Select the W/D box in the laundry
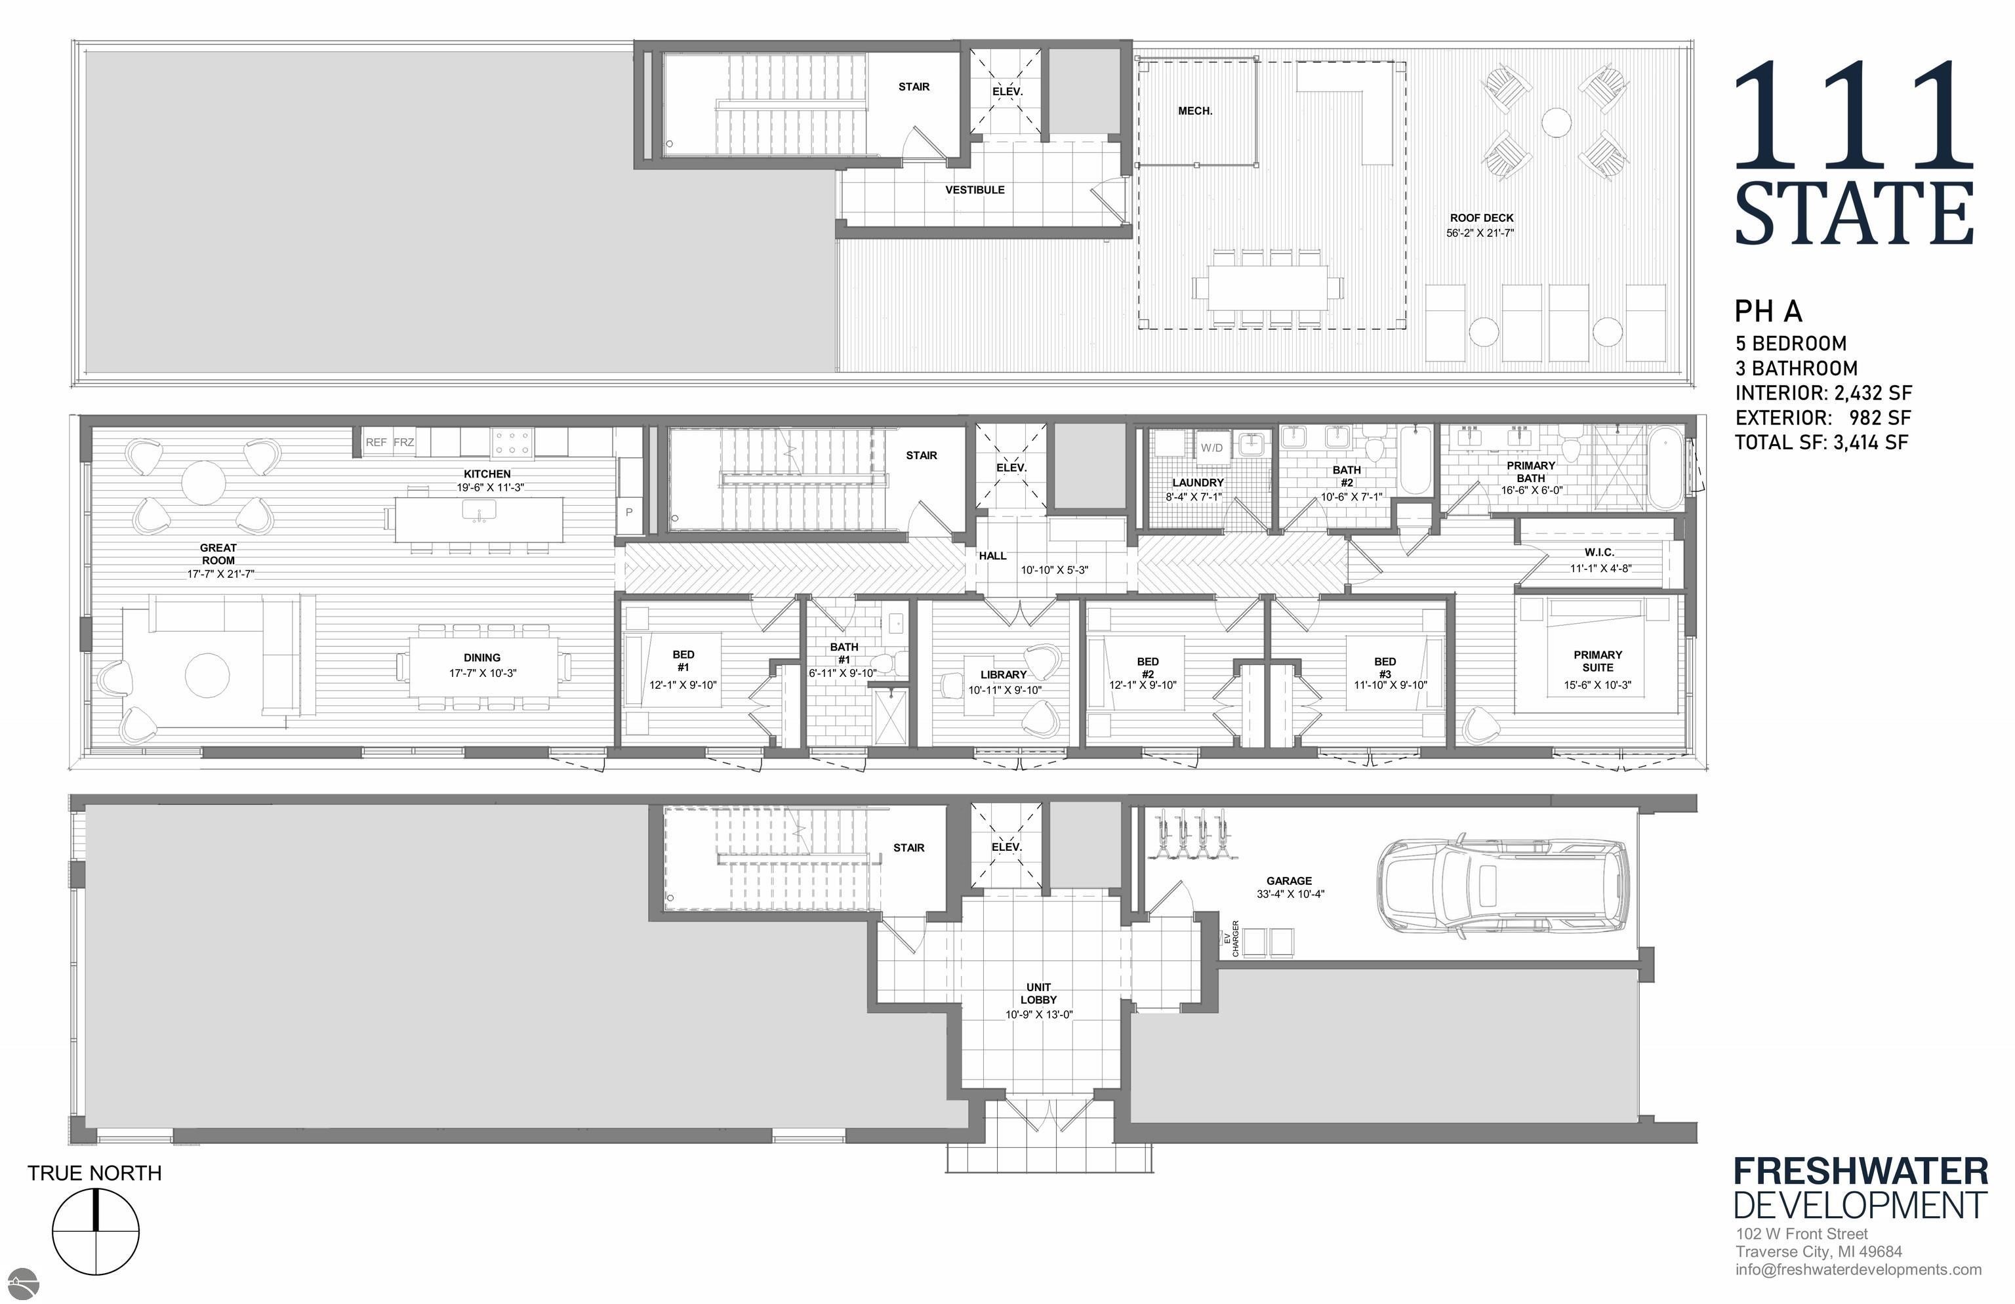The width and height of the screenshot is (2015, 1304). click(1211, 448)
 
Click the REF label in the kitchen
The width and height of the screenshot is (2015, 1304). click(376, 442)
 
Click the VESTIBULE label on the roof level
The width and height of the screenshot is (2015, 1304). click(975, 190)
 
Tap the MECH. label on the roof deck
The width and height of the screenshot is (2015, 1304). click(1194, 111)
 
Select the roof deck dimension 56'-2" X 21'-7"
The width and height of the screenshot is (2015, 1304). click(1480, 233)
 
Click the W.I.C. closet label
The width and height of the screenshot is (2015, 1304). click(1599, 552)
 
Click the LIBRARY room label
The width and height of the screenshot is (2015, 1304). click(1004, 675)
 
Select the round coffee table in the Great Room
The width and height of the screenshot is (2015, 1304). click(207, 675)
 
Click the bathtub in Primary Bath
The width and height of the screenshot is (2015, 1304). click(1665, 468)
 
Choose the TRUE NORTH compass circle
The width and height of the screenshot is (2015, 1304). click(96, 1231)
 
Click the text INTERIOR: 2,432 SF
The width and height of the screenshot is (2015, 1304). click(1823, 393)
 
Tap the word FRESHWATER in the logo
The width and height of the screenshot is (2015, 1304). click(1860, 1173)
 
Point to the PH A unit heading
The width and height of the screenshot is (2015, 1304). click(1768, 312)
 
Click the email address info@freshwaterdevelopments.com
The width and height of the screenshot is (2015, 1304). click(1858, 1270)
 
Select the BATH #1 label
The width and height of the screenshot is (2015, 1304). click(844, 653)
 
